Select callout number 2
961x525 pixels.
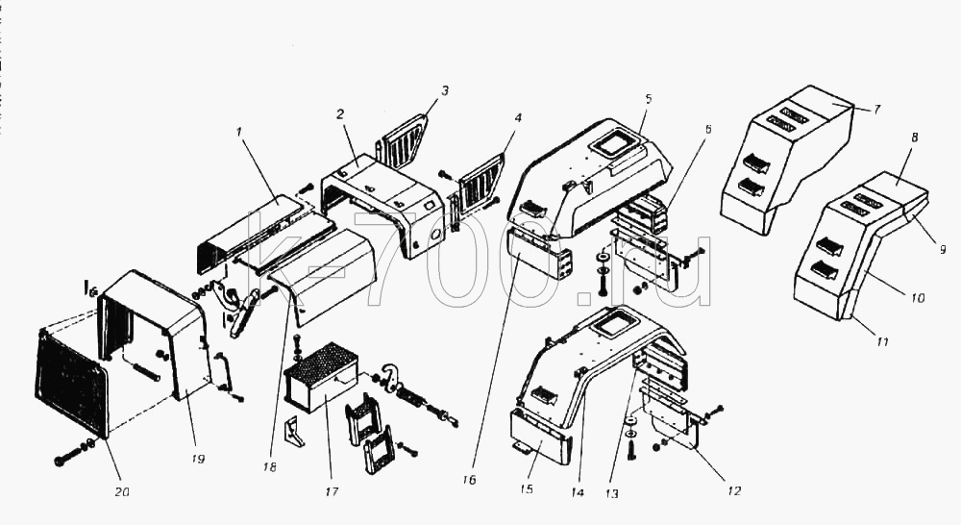tap(340, 114)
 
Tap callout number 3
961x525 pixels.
tap(445, 90)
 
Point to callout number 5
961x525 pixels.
tap(649, 98)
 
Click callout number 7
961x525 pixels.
tap(877, 110)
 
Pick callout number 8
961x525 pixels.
tap(915, 137)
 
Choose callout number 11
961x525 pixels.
tap(881, 341)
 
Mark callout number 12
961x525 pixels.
tap(733, 490)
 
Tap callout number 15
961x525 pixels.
tap(526, 488)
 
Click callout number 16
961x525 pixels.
tap(469, 480)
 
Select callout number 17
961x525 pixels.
tap(331, 491)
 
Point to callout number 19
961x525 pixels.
tap(197, 459)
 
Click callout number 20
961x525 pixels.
tap(122, 491)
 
